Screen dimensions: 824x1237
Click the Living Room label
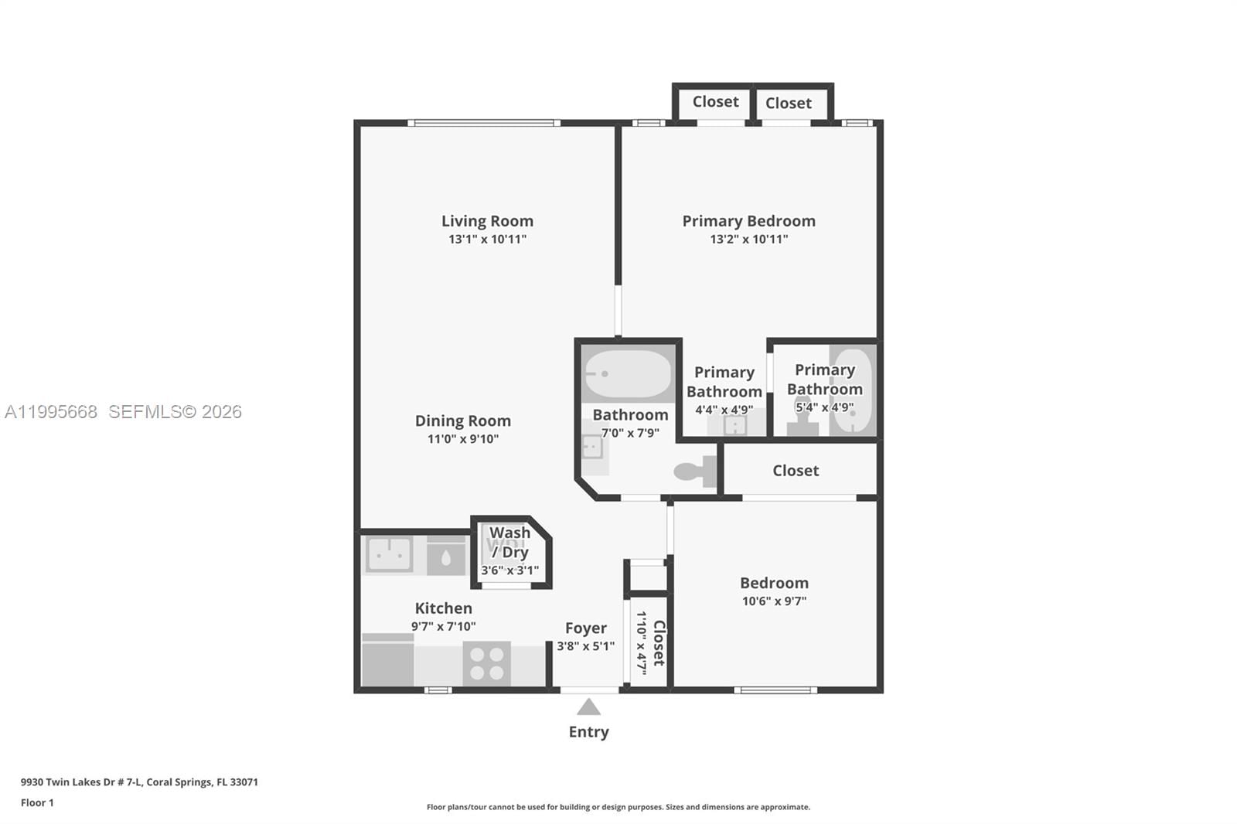(487, 221)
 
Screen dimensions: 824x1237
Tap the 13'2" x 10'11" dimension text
(748, 240)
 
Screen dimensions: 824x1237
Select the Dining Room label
(462, 421)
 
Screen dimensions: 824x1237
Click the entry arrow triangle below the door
(588, 707)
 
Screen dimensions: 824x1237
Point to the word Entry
(588, 732)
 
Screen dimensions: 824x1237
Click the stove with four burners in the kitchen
(486, 664)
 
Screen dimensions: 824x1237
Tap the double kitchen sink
(389, 554)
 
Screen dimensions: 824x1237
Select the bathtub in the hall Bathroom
(628, 374)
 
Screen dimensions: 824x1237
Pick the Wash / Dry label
(509, 542)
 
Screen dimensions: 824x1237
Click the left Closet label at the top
(715, 102)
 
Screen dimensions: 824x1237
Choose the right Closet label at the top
(788, 104)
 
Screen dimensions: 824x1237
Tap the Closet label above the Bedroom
(795, 471)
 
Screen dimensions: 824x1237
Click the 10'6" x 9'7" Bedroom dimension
(774, 601)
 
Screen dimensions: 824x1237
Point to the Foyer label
(585, 628)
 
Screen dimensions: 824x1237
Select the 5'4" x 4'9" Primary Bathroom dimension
(824, 407)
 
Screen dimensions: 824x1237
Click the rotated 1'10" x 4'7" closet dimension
(641, 642)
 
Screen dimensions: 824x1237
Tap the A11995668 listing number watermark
(51, 412)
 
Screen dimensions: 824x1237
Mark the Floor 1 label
(37, 803)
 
